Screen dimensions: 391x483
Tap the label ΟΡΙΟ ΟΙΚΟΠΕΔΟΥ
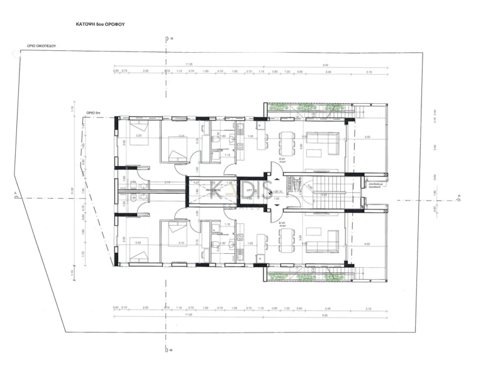click(42, 46)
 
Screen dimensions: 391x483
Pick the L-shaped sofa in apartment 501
click(325, 143)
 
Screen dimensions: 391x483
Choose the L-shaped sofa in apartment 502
click(325, 240)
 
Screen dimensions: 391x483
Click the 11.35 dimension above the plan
click(189, 64)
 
